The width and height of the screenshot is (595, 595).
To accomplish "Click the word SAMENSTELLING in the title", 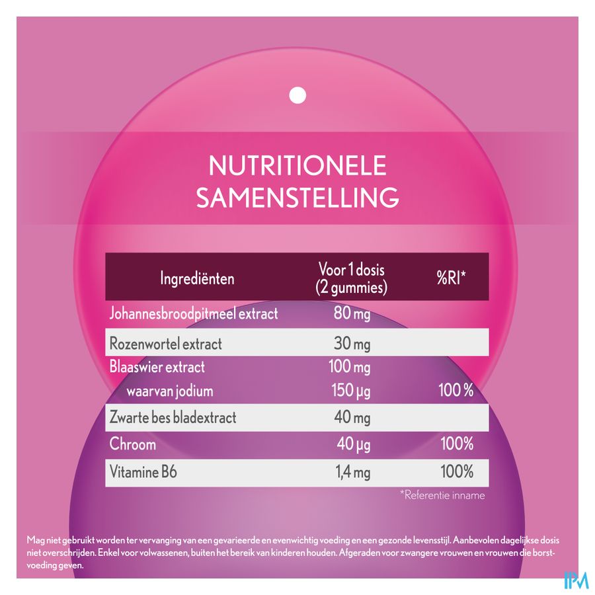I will pyautogui.click(x=297, y=197).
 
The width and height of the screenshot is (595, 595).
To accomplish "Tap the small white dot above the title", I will pyautogui.click(x=298, y=96).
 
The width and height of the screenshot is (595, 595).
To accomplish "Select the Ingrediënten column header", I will pyautogui.click(x=197, y=278).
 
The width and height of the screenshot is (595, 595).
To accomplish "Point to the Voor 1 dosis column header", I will pyautogui.click(x=352, y=278).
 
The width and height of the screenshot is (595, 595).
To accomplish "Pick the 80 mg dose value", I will pyautogui.click(x=352, y=313).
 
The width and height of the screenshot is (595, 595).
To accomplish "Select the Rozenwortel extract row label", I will pyautogui.click(x=165, y=344).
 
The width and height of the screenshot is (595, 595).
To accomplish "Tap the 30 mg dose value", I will pyautogui.click(x=352, y=344).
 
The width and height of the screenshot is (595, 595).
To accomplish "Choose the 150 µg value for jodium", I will pyautogui.click(x=351, y=391).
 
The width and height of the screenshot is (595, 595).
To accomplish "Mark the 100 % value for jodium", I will pyautogui.click(x=456, y=391).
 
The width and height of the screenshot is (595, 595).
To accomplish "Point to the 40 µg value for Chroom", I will pyautogui.click(x=353, y=444).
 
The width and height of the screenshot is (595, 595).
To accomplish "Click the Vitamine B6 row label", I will pyautogui.click(x=143, y=472).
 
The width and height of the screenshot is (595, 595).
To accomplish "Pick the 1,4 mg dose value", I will pyautogui.click(x=350, y=472).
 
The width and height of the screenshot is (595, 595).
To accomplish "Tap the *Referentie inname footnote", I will pyautogui.click(x=442, y=495).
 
